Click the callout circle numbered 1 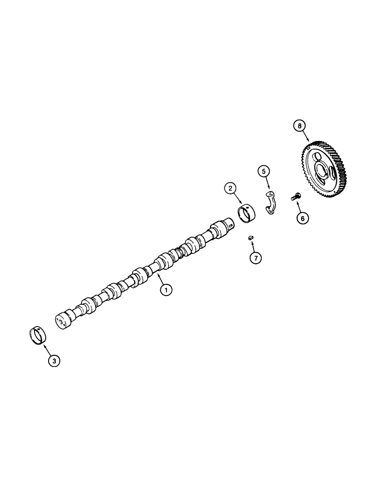(x=167, y=290)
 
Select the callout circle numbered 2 (x=230, y=189)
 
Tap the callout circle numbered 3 (x=54, y=361)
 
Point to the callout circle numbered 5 (x=264, y=171)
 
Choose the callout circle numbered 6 (x=302, y=219)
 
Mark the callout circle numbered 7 (x=255, y=258)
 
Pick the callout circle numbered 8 (x=300, y=126)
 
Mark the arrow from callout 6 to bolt (x=298, y=206)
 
